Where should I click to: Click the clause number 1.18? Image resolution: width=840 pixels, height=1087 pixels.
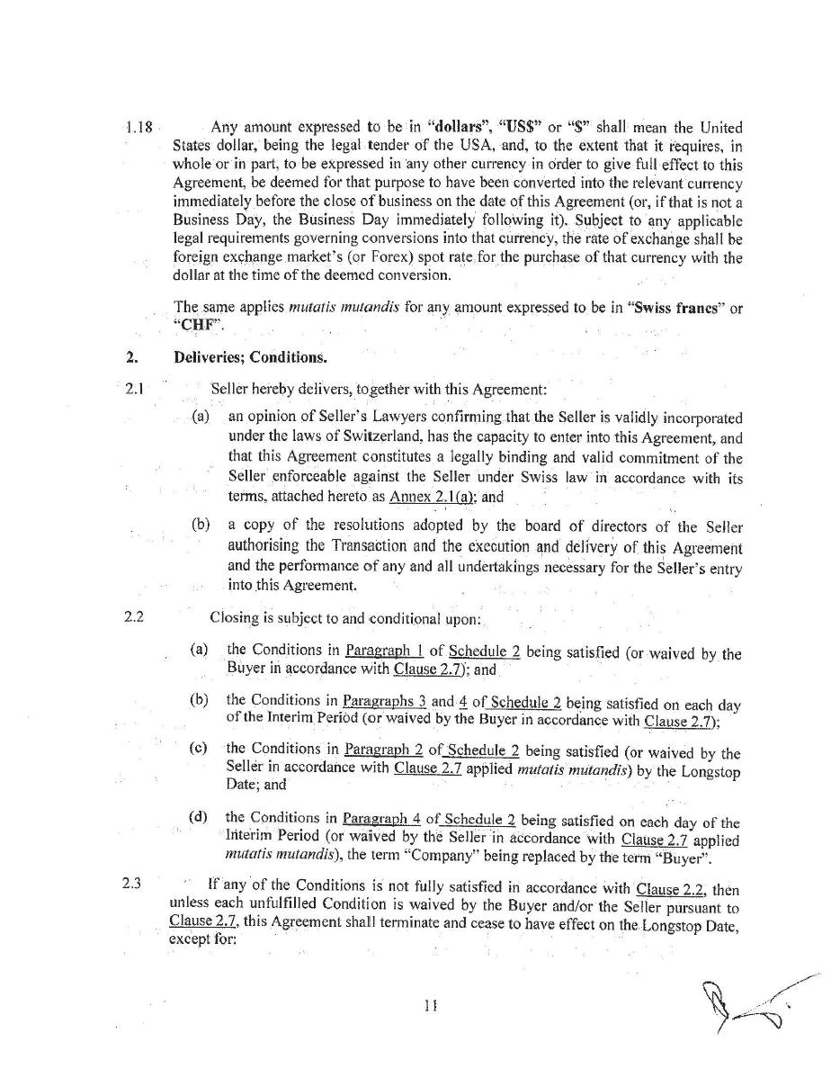click(139, 128)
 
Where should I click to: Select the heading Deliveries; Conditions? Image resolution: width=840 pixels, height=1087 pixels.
click(250, 357)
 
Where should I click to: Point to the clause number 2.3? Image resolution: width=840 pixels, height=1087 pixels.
click(131, 882)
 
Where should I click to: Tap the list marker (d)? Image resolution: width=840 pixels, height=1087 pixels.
click(198, 816)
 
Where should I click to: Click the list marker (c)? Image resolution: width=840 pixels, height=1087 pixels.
click(198, 748)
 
